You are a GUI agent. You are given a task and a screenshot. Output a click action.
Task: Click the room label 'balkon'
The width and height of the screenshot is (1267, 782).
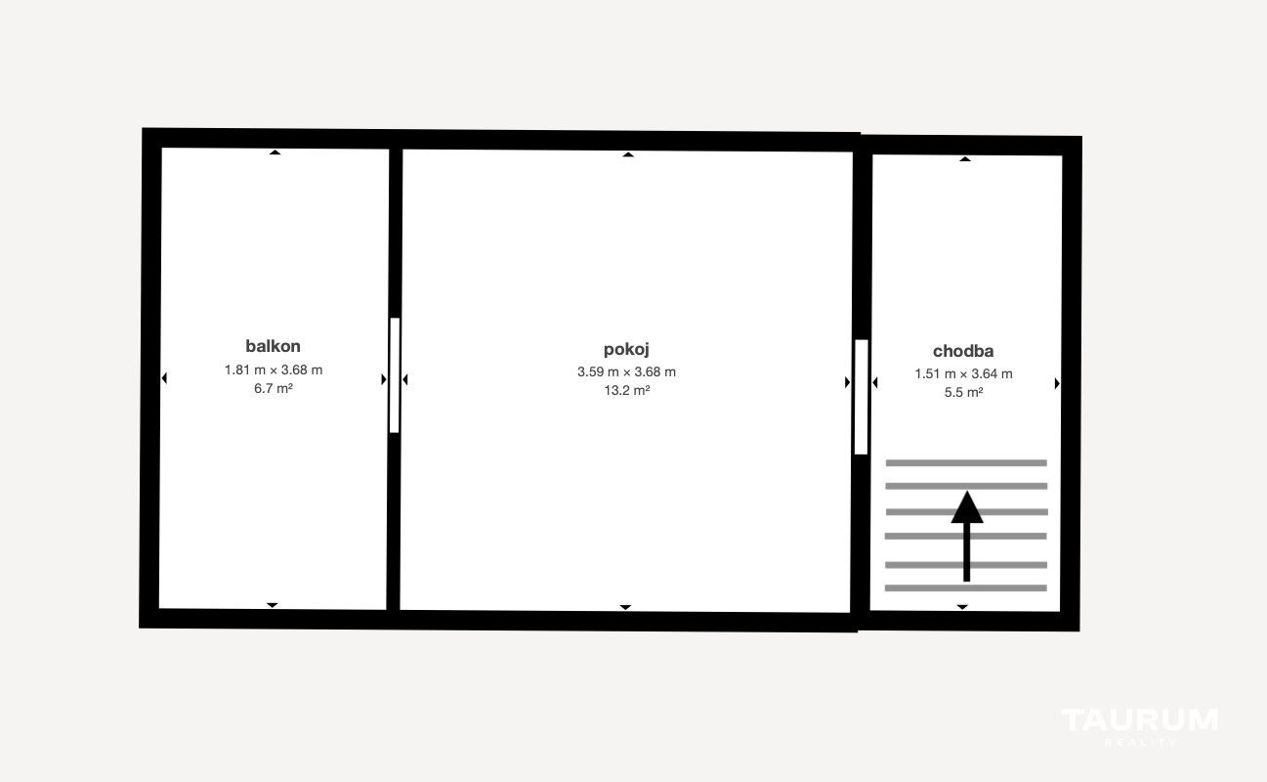pyautogui.click(x=273, y=346)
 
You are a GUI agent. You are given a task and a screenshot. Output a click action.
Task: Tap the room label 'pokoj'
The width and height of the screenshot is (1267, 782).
pyautogui.click(x=626, y=349)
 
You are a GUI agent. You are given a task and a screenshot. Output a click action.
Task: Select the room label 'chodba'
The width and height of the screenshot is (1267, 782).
pyautogui.click(x=962, y=351)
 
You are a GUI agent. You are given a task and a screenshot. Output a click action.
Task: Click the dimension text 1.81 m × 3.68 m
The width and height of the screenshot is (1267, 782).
pyautogui.click(x=274, y=370)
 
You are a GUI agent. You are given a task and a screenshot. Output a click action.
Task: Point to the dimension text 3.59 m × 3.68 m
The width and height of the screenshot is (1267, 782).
pyautogui.click(x=626, y=371)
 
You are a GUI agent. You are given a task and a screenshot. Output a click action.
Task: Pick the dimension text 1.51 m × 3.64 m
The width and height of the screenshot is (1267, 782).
pyautogui.click(x=963, y=374)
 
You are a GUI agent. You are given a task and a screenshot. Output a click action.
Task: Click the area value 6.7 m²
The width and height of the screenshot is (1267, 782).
pyautogui.click(x=274, y=389)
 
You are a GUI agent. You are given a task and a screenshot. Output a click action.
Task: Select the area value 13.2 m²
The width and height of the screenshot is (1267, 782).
pyautogui.click(x=627, y=390)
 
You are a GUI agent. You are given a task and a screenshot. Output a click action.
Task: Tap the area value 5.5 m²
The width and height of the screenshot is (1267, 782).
pyautogui.click(x=963, y=393)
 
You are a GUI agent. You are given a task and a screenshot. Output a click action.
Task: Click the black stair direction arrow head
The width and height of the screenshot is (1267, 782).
pyautogui.click(x=967, y=507)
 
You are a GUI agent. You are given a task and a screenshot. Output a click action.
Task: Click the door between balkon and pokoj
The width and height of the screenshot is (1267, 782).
pyautogui.click(x=395, y=375)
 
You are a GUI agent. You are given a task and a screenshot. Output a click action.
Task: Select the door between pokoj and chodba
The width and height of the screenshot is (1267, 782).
pyautogui.click(x=861, y=397)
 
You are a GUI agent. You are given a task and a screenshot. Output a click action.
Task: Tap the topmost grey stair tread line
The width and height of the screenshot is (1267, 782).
pyautogui.click(x=966, y=463)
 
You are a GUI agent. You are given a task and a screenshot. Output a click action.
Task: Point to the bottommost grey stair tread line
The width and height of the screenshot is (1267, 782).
pyautogui.click(x=965, y=587)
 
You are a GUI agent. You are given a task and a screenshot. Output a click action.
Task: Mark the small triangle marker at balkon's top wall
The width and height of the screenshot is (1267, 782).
pyautogui.click(x=275, y=152)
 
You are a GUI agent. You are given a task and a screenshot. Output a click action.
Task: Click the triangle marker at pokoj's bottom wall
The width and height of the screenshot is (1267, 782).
pyautogui.click(x=625, y=607)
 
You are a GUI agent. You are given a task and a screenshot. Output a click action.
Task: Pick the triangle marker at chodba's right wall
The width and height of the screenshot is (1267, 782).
pyautogui.click(x=1057, y=383)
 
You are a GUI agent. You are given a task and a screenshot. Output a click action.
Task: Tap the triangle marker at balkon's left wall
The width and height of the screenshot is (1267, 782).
pyautogui.click(x=164, y=378)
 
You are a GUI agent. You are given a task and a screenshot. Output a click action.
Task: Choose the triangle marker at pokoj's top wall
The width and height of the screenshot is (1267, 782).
pyautogui.click(x=628, y=154)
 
